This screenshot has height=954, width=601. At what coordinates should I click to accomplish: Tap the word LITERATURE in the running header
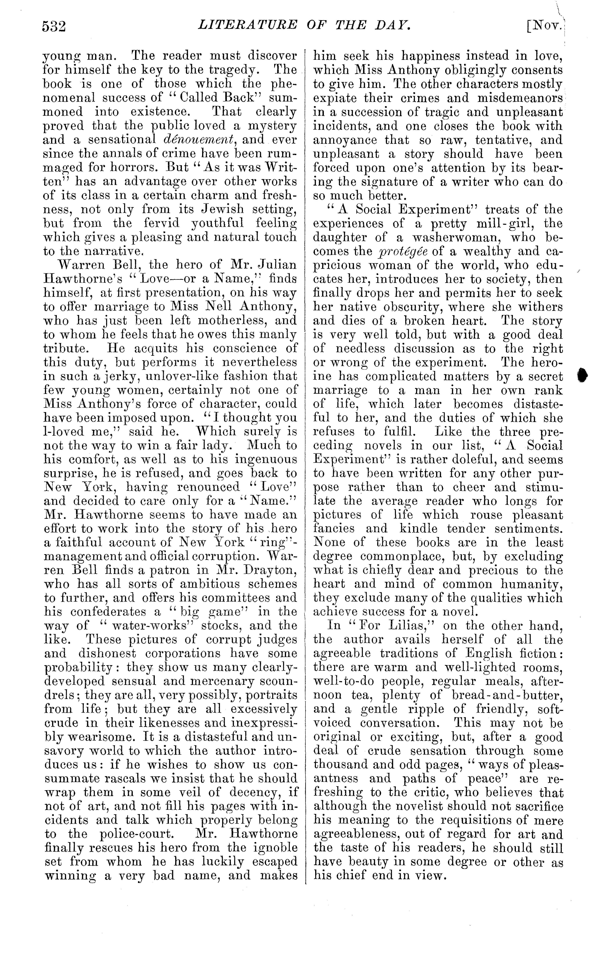pyautogui.click(x=247, y=25)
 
